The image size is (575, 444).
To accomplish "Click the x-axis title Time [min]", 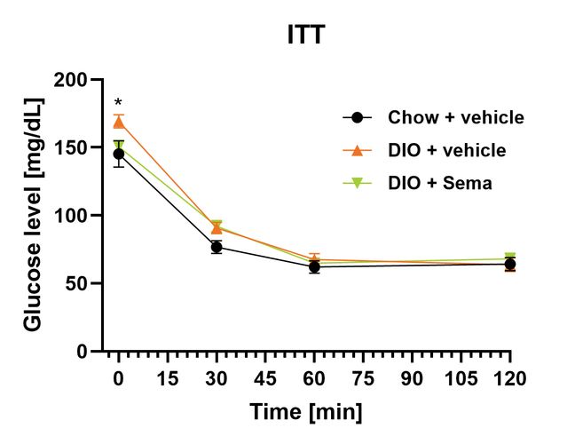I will [x=305, y=412].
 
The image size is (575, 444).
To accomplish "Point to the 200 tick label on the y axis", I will [x=73, y=80].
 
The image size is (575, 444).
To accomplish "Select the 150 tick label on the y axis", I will [x=73, y=147].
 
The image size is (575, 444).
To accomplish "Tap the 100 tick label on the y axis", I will [x=73, y=216].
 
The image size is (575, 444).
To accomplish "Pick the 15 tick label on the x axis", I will [x=167, y=378].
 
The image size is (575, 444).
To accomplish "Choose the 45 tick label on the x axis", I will [x=264, y=378].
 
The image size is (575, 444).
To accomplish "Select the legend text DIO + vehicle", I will [x=446, y=150].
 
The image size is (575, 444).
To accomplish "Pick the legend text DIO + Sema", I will [x=439, y=183].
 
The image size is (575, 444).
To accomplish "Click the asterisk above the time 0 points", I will [x=118, y=104].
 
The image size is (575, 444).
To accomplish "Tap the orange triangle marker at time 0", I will [x=119, y=122].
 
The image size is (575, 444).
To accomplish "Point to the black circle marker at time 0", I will [x=119, y=155].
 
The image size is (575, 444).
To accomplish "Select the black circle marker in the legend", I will [x=357, y=117].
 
